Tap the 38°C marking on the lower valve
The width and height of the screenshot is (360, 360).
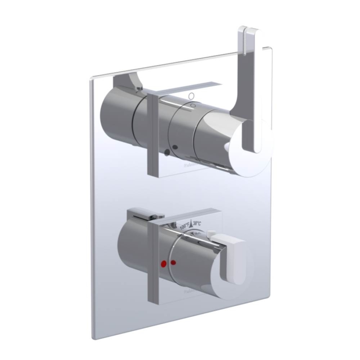196,223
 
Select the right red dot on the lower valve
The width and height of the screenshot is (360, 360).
174,262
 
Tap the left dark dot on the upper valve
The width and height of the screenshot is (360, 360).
167,152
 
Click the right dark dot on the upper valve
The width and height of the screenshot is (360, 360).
175,147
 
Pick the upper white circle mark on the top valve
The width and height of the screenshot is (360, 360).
192,96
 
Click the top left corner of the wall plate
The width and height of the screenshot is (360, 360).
92,77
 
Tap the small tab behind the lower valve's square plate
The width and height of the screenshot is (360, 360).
144,215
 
